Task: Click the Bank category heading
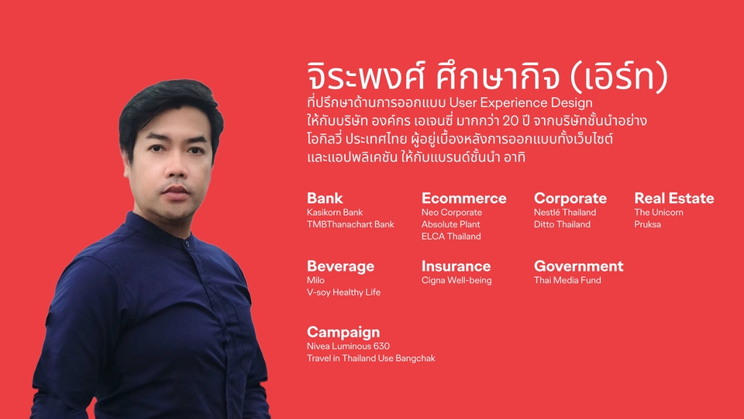[x=325, y=198]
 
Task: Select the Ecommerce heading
[x=463, y=198]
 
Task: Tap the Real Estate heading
[x=673, y=198]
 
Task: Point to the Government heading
[x=578, y=266]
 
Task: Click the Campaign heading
[x=343, y=332]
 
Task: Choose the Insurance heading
[x=456, y=266]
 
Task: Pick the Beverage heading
[x=340, y=266]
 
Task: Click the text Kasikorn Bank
[x=335, y=213]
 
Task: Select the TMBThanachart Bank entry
[x=350, y=224]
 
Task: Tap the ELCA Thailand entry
[x=451, y=237]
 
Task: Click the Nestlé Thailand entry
[x=565, y=213]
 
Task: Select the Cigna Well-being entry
[x=456, y=280]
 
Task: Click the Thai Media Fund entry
[x=567, y=280]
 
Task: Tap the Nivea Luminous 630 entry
[x=348, y=346]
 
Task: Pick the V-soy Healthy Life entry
[x=343, y=293]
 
